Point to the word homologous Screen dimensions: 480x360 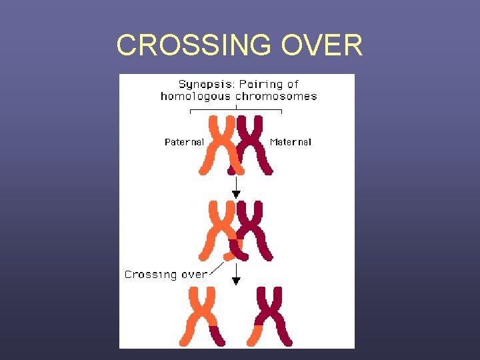(195, 96)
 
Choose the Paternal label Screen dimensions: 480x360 (184, 142)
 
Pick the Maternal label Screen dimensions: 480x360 (291, 142)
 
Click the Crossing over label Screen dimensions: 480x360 (165, 274)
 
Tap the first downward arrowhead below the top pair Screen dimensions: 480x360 (235, 194)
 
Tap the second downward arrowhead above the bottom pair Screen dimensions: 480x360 (235, 281)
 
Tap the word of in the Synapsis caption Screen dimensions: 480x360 (293, 84)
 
